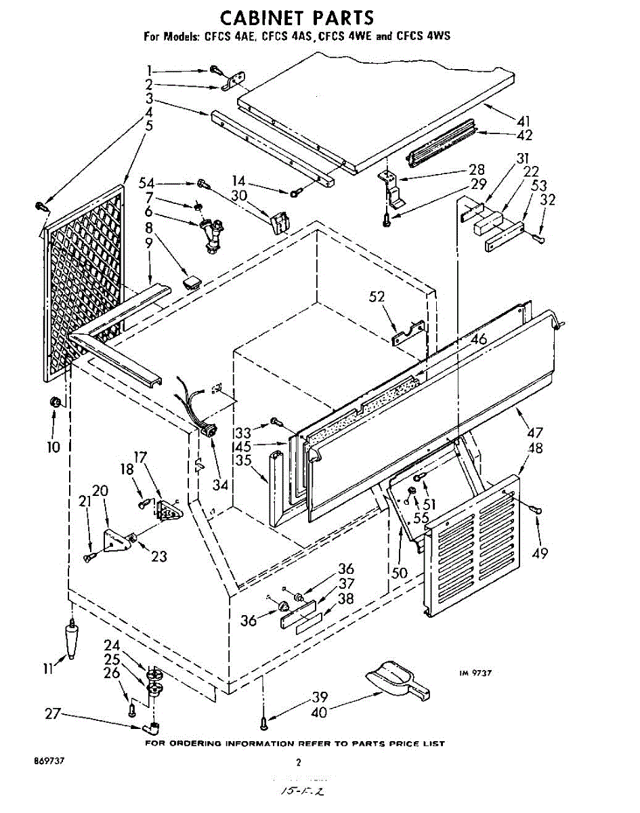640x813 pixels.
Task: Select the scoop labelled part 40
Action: click(396, 680)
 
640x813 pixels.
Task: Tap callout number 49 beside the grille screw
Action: click(539, 554)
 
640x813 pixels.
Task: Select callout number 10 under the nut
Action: click(54, 446)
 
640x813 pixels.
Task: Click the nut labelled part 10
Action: click(58, 403)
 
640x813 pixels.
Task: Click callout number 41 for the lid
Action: click(523, 121)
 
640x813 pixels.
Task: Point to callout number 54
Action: click(146, 183)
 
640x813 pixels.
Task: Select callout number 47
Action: click(535, 432)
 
